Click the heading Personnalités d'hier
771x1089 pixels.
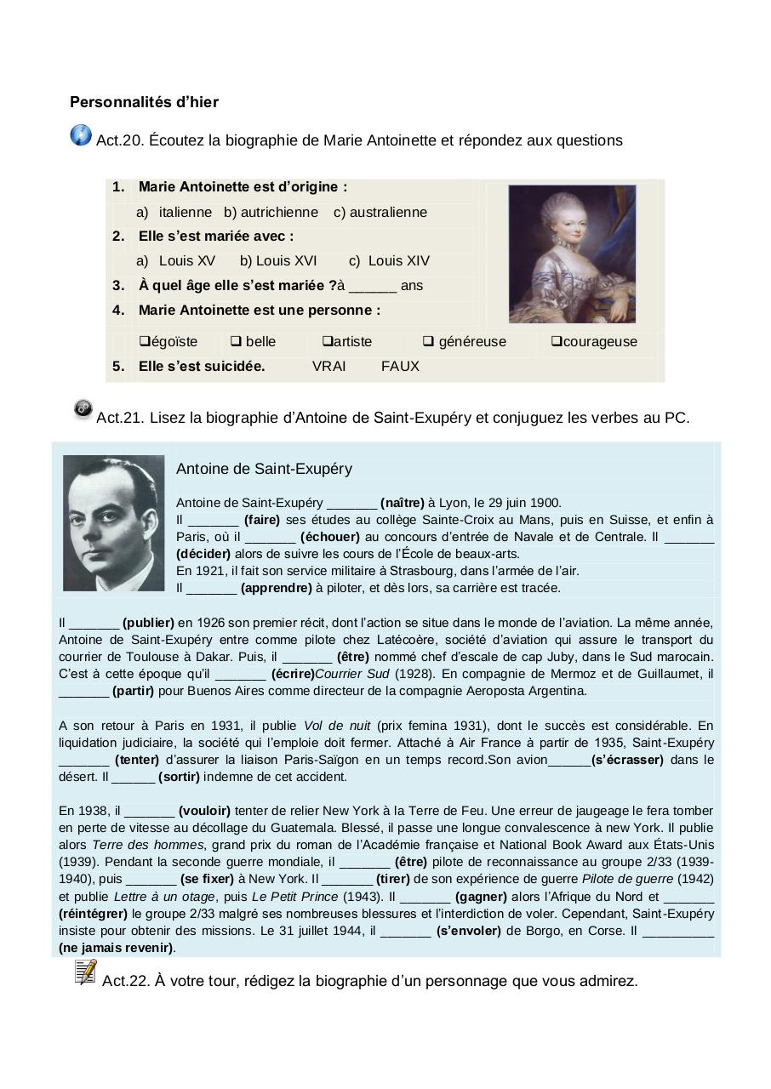tap(144, 102)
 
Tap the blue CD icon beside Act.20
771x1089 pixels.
tap(81, 135)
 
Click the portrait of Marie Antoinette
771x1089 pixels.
tap(572, 254)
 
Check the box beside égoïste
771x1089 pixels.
tap(144, 341)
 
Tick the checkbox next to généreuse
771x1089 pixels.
tap(428, 341)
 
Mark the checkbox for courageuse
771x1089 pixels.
tap(556, 341)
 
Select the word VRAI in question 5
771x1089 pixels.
tap(329, 366)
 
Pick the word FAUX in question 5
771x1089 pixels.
tap(400, 366)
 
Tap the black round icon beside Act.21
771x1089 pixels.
tap(83, 409)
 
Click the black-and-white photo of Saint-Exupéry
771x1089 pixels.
tap(113, 522)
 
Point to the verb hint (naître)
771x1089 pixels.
tap(402, 503)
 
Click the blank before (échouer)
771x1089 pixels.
tap(270, 537)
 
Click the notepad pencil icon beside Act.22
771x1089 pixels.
tap(85, 972)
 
